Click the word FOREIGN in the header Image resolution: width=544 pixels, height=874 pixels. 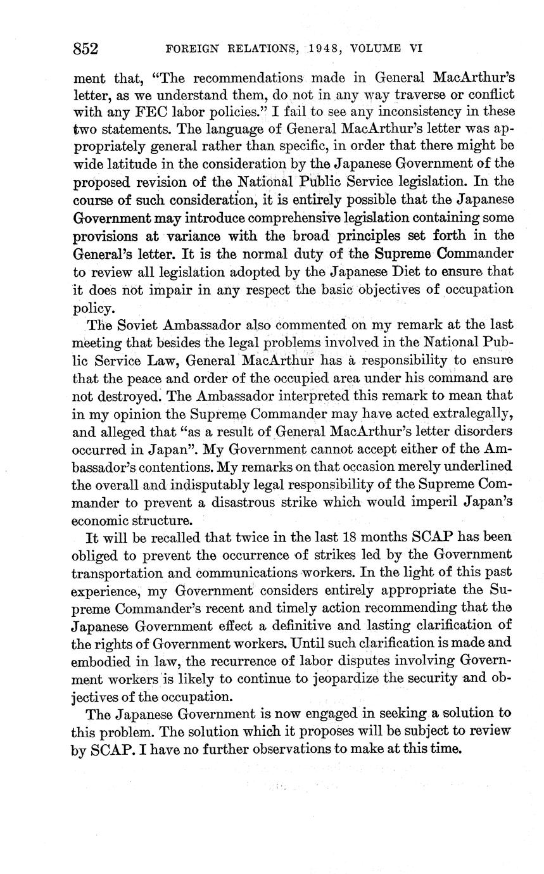pos(191,48)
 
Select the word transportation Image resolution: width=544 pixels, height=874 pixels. pos(127,572)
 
